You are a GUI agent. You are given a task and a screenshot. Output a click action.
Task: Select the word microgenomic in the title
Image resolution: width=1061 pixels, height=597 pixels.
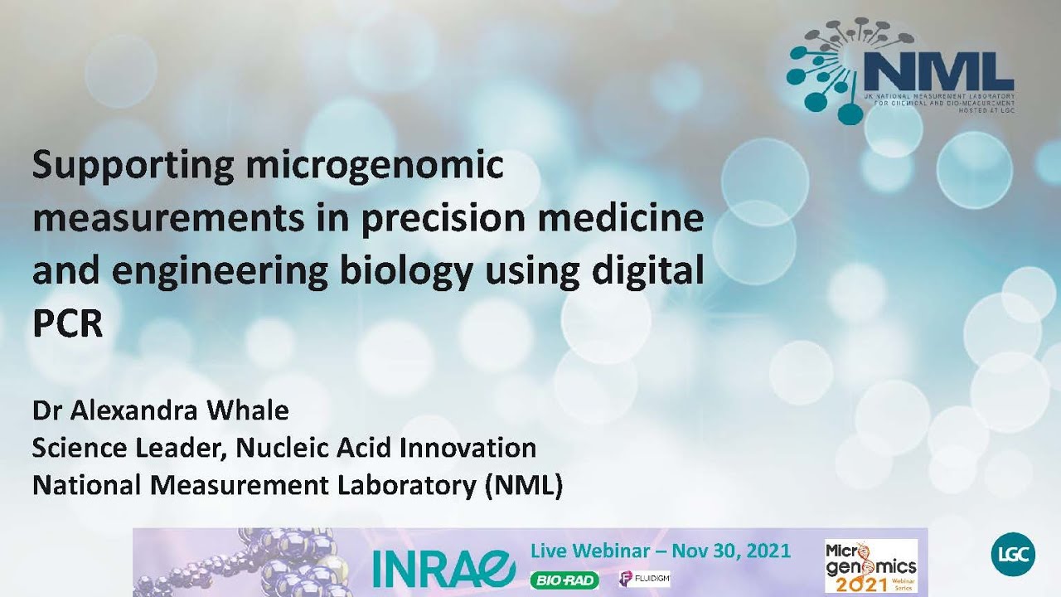[x=374, y=167]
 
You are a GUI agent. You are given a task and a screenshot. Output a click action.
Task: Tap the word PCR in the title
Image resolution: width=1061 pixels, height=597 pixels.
[x=67, y=325]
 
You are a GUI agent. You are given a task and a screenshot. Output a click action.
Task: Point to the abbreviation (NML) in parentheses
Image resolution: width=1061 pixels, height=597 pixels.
[x=521, y=486]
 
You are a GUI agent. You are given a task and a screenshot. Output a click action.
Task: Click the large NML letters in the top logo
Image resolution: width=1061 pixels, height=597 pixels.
[x=937, y=72]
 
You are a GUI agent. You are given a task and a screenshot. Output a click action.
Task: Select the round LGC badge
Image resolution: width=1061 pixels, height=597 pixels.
[x=1011, y=556]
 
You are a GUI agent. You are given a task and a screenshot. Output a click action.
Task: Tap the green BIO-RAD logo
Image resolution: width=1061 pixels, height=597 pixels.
[x=564, y=580]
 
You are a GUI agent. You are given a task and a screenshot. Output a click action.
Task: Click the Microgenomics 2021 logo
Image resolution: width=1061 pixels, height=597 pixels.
[x=870, y=566]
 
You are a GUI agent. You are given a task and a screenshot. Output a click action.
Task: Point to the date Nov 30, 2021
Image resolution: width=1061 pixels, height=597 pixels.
[x=731, y=551]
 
